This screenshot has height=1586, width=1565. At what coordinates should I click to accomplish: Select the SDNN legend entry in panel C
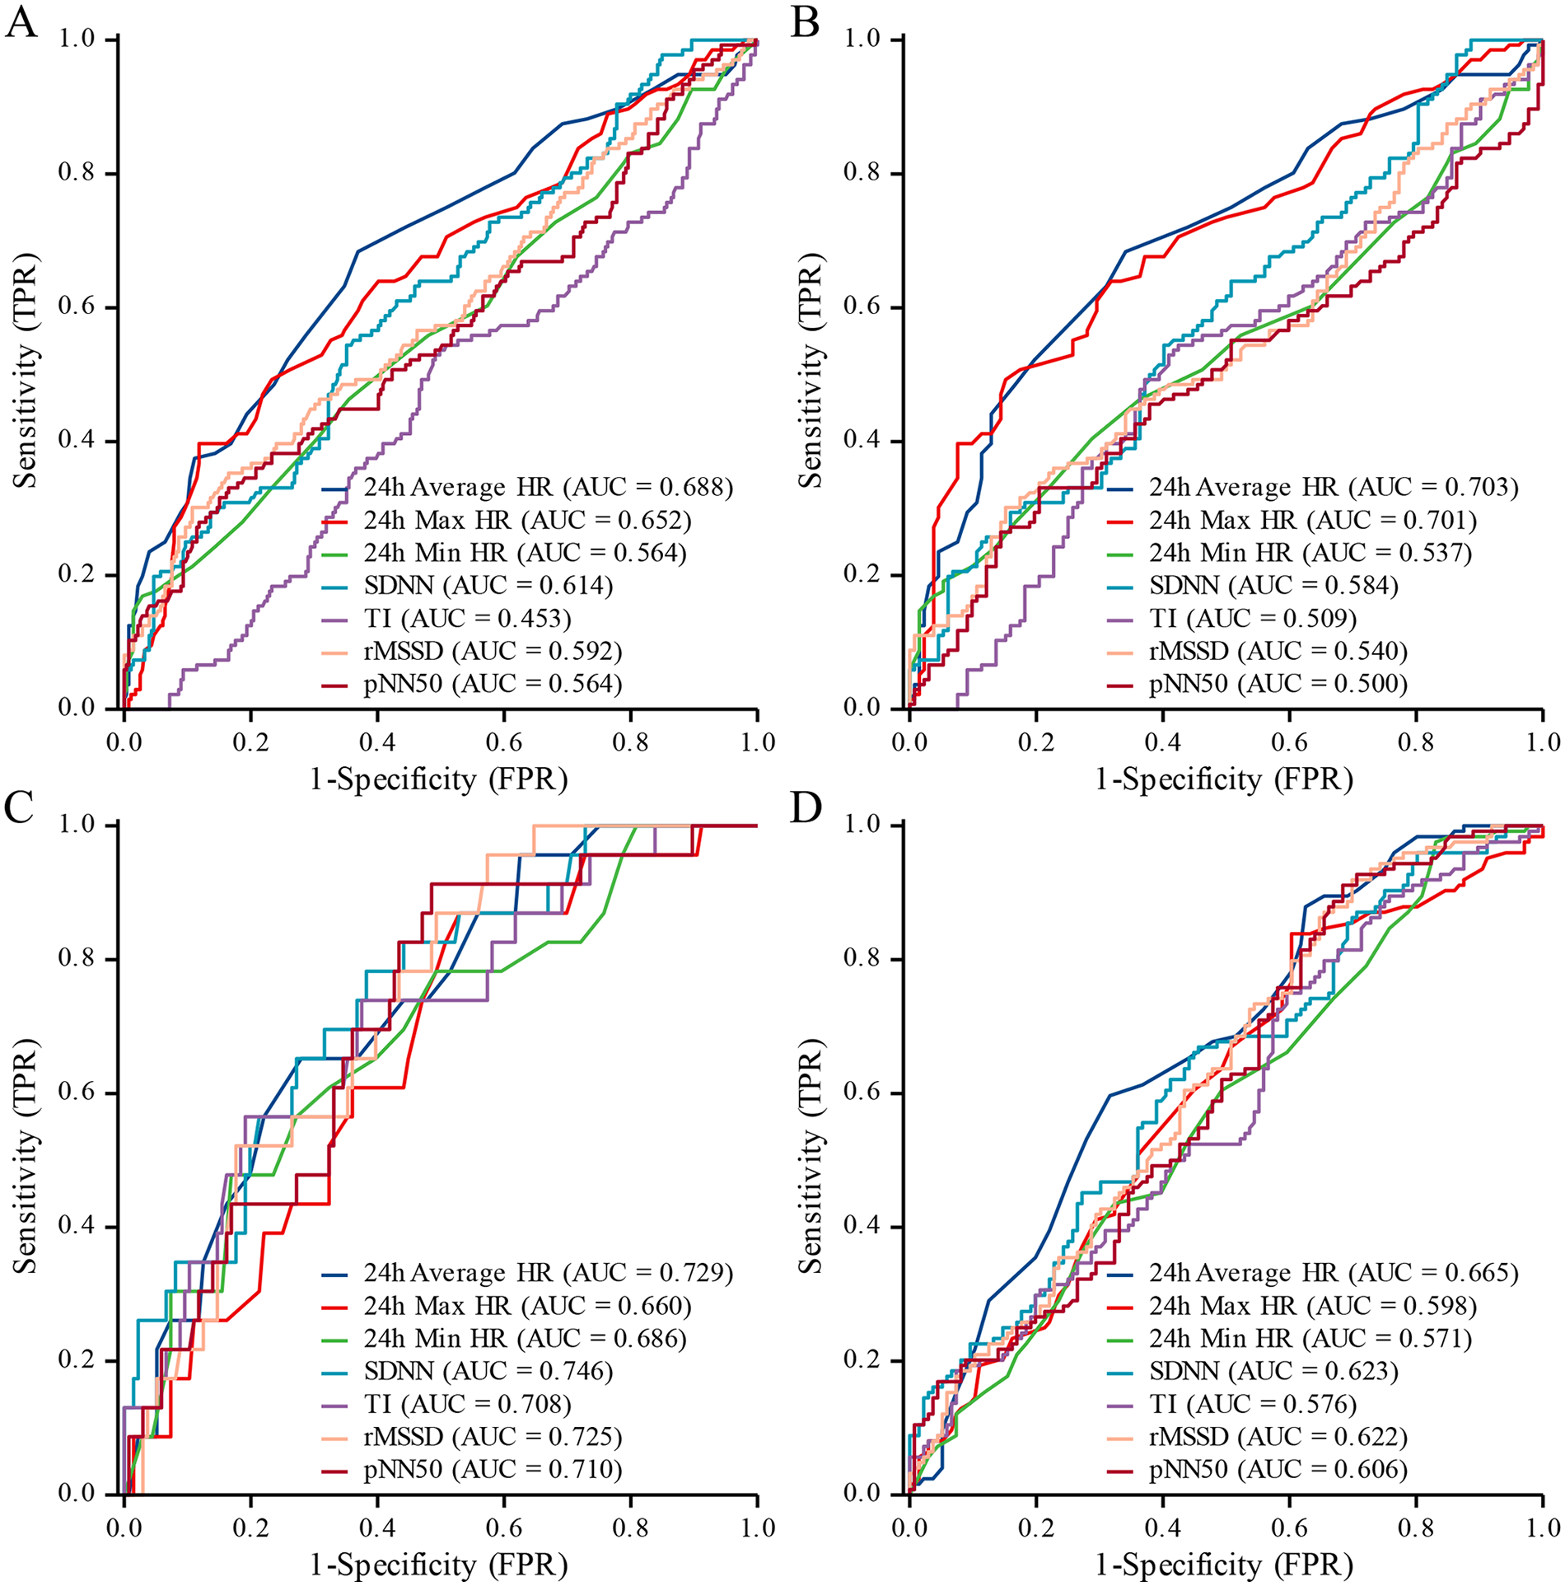[488, 1371]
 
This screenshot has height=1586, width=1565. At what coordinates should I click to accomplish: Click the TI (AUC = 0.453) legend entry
[467, 618]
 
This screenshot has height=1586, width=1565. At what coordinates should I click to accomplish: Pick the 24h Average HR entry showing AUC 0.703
[1333, 487]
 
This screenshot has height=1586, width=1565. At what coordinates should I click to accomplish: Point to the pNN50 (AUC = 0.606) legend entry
[1278, 1469]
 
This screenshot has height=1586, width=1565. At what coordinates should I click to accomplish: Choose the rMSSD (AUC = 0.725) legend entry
[493, 1437]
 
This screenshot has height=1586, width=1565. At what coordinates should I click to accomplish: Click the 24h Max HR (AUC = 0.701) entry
[1313, 520]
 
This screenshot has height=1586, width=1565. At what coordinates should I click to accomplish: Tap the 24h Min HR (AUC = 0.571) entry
[1310, 1339]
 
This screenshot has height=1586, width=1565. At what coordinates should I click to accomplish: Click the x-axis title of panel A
[438, 779]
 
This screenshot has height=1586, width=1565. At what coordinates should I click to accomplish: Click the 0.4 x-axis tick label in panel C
[377, 1528]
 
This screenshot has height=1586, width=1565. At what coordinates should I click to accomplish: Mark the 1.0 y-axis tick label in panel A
[75, 40]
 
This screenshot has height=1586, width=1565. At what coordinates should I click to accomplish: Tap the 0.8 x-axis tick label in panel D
[1416, 1528]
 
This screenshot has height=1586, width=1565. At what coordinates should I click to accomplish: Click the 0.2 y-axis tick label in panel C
[75, 1360]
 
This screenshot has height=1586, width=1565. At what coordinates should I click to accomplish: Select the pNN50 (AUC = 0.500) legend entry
[1278, 684]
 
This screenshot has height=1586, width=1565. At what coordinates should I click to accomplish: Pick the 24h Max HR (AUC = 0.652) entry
[527, 520]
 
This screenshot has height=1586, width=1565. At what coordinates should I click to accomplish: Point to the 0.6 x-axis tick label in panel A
[504, 742]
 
